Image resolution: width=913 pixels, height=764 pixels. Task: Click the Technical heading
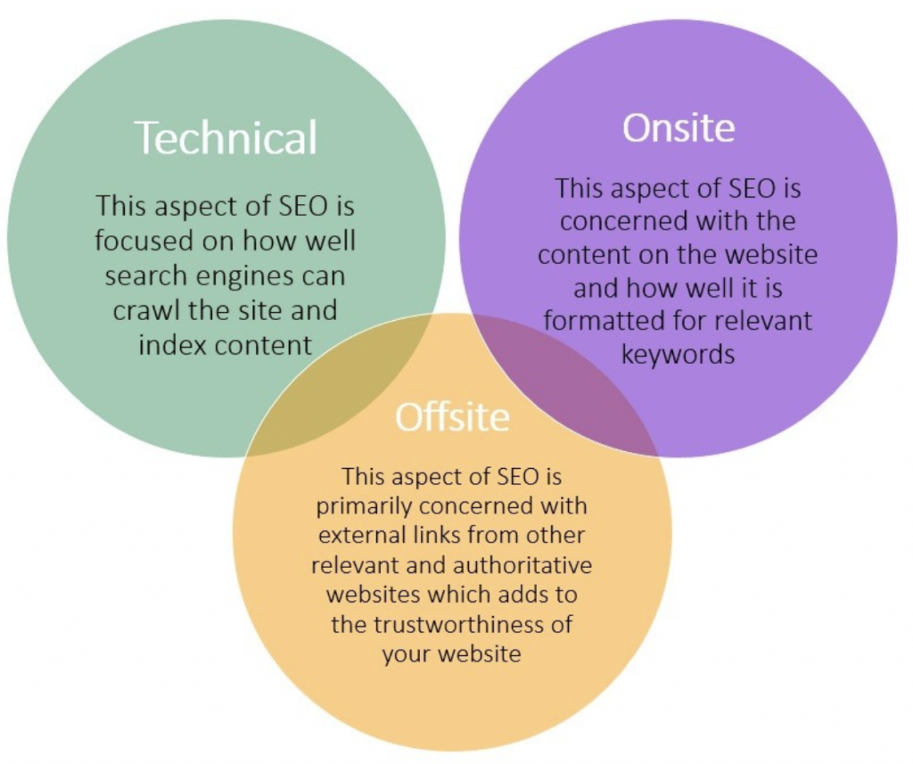pos(226,137)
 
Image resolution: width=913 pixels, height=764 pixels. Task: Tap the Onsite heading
pos(679,127)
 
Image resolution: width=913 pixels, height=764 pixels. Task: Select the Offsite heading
pos(452,417)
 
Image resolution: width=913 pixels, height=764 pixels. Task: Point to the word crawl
pos(147,310)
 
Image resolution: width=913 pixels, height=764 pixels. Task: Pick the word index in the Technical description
pos(170,345)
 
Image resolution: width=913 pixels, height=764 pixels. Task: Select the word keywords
pos(678,354)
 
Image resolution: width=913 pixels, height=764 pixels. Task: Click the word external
pos(356,535)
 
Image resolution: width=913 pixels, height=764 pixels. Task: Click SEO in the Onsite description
pos(752,189)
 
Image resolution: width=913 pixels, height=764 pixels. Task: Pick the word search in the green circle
pos(145,276)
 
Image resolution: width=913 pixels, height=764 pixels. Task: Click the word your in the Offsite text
pos(406,654)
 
